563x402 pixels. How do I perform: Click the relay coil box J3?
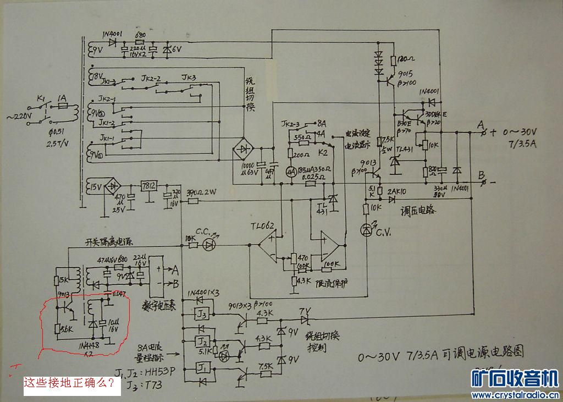point(201,315)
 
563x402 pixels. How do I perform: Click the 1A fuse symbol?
point(62,104)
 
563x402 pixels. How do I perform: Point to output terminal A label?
point(481,124)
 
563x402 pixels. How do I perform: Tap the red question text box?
point(71,383)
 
